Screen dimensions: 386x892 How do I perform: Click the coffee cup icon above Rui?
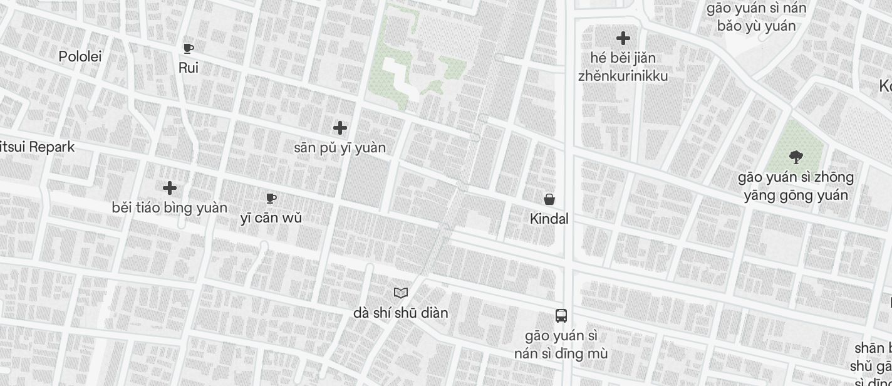pos(188,48)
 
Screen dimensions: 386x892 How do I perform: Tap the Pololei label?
pos(80,56)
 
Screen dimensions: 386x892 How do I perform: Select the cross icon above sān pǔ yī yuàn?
pos(340,128)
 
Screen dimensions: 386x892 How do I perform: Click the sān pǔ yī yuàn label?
pos(340,148)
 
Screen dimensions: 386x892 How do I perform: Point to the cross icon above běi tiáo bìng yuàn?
pos(170,188)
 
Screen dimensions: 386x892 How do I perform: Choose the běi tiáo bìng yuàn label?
pos(170,207)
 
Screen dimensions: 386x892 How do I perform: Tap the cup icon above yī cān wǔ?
pos(271,199)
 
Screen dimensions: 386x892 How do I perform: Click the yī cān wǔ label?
pos(271,218)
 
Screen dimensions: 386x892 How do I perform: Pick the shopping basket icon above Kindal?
pos(549,199)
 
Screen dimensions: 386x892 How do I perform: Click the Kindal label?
pos(549,219)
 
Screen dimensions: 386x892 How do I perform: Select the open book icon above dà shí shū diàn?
pos(401,293)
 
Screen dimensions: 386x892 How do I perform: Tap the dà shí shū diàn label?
pos(401,312)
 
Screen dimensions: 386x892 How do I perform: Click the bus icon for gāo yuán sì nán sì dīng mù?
pos(561,316)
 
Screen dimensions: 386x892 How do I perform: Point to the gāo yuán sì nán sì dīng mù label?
pos(561,345)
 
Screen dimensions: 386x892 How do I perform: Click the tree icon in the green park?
pos(796,157)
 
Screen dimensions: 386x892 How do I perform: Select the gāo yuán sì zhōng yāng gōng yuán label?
pos(796,186)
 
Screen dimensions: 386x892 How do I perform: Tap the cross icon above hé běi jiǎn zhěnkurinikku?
pos(623,38)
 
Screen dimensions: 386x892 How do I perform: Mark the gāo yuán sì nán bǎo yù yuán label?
pos(757,17)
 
